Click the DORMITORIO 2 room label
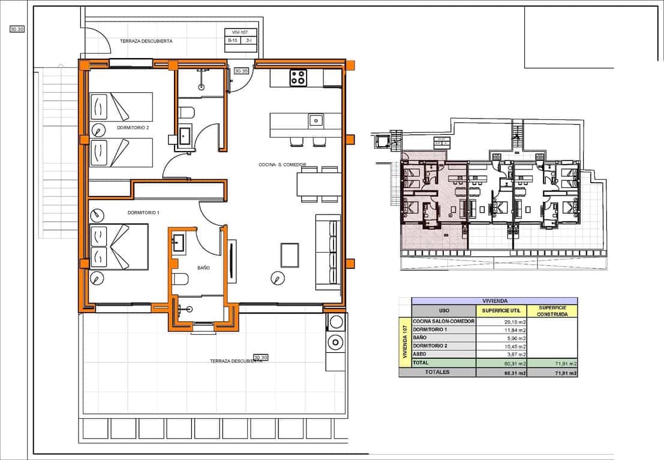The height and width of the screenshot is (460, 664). tap(133, 128)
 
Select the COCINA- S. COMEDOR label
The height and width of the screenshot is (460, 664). tap(282, 165)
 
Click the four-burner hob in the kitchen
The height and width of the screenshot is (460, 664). tap(298, 77)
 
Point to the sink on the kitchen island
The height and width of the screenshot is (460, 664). tap(316, 120)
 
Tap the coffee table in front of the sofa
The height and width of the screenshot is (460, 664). tap(290, 255)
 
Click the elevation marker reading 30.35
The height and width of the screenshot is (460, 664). tap(241, 71)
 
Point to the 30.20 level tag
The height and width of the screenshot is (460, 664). tap(17, 28)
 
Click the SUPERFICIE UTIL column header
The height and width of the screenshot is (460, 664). tap(501, 311)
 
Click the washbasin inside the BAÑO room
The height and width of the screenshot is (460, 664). tap(179, 243)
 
